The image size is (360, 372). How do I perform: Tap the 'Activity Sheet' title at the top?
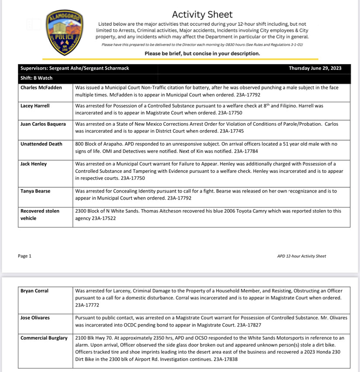202,14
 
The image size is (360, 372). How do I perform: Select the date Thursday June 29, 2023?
315,68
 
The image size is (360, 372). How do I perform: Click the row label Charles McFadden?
41,88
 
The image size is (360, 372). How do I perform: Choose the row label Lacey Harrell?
35,106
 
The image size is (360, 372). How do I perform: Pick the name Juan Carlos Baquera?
43,124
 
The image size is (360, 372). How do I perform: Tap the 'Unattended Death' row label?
41,144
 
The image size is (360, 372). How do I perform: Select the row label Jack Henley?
34,164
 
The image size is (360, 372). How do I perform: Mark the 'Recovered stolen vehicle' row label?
40,214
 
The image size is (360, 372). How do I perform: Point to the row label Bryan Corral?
34,291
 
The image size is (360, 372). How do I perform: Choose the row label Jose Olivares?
35,318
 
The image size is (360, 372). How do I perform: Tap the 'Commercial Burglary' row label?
44,338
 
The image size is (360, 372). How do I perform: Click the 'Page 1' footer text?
25,256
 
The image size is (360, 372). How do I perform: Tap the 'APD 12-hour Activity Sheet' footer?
301,256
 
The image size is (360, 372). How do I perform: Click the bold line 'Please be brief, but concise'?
202,54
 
